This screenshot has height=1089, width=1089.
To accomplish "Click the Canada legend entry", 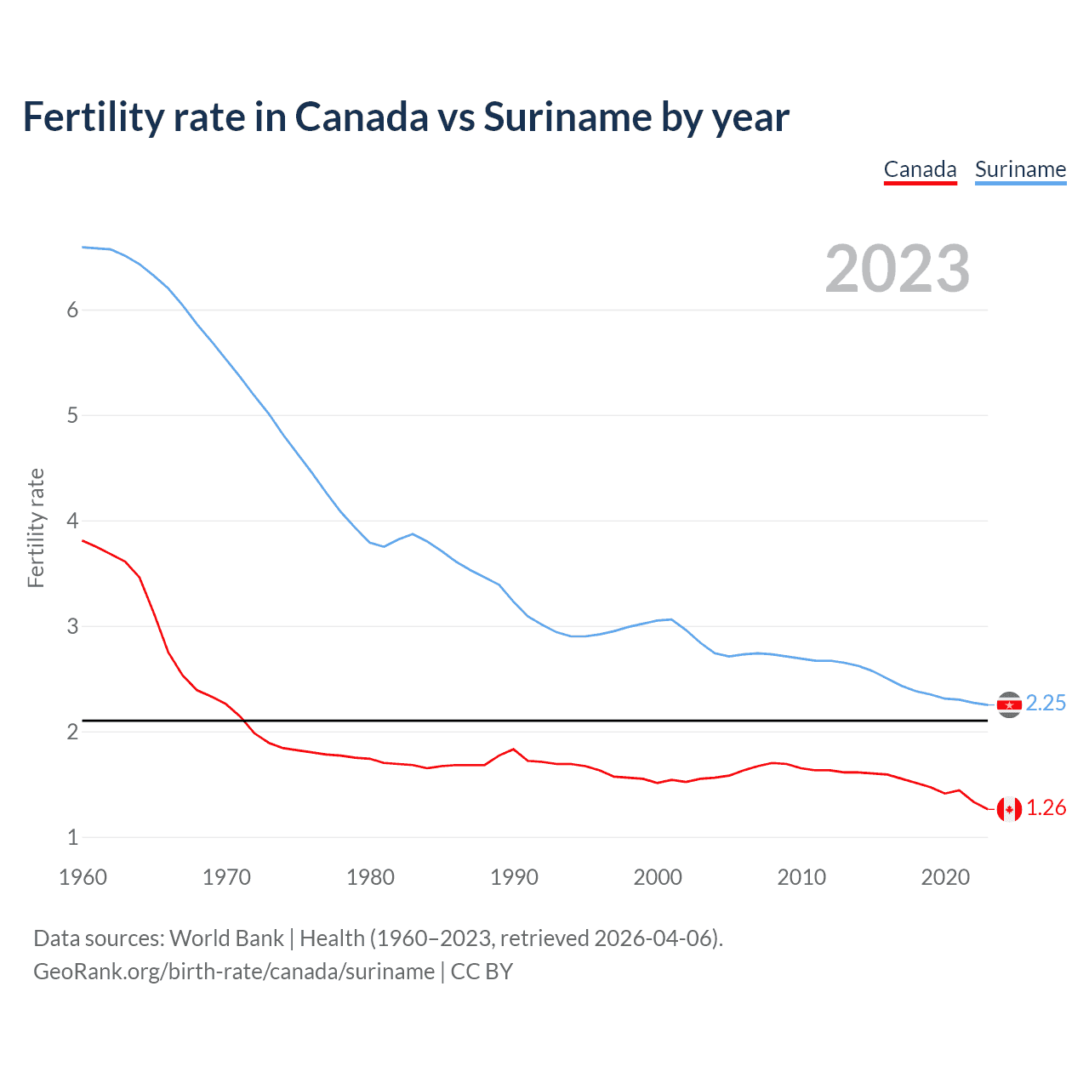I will (920, 169).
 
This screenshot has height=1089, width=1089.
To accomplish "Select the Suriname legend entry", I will (1020, 169).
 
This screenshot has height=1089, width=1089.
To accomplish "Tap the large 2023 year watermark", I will (897, 269).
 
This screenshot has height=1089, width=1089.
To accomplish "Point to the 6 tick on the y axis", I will (72, 310).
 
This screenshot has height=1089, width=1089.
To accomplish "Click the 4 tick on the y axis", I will (72, 521).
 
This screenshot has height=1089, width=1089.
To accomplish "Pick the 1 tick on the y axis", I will (72, 837).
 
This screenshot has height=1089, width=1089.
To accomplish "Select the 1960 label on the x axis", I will (83, 877).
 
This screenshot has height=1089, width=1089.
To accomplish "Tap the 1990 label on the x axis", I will (514, 877).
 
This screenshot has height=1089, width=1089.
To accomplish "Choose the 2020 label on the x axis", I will (945, 877).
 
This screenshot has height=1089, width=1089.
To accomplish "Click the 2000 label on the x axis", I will (658, 877).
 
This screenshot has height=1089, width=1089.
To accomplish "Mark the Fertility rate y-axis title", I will (36, 527).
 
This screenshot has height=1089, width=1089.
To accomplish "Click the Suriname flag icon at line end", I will (1009, 704).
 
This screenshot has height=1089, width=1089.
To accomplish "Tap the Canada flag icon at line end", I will (1009, 809).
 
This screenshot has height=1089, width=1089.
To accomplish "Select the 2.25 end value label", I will (1046, 703).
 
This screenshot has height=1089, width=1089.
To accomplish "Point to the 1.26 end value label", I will (1046, 807).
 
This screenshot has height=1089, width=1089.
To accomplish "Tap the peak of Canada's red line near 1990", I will (513, 750).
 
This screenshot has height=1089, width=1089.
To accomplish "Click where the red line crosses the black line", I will (243, 721).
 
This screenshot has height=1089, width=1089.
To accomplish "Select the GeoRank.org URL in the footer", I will (234, 972).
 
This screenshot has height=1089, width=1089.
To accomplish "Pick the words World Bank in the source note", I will (226, 938).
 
